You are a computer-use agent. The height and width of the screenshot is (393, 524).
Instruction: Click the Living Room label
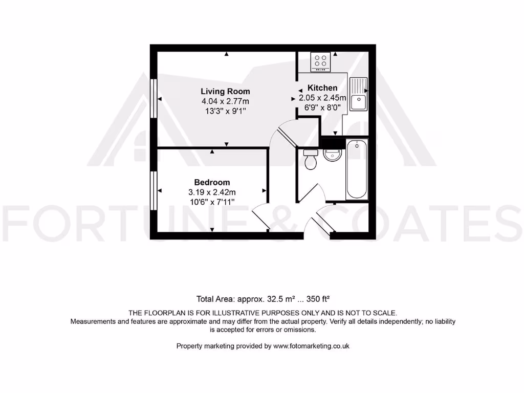coord(225,92)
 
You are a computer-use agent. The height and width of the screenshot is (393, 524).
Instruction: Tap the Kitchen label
coord(322,88)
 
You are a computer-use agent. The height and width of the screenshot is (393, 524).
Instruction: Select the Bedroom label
coord(212,182)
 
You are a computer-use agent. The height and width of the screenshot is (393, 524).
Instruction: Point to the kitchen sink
coord(358,94)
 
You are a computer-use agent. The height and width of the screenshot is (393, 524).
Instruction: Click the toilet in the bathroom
coord(310,160)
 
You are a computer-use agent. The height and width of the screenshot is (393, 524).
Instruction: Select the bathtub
coord(356,169)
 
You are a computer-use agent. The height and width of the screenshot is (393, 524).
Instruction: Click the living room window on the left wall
coord(153,99)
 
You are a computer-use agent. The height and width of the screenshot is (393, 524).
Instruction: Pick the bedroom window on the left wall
coord(153,190)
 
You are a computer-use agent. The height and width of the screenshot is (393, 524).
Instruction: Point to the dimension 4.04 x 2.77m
coord(225,101)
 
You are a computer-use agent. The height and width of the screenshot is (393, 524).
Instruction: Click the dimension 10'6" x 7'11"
coord(212,202)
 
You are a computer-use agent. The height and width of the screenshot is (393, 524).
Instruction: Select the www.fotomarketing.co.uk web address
coord(311,346)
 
